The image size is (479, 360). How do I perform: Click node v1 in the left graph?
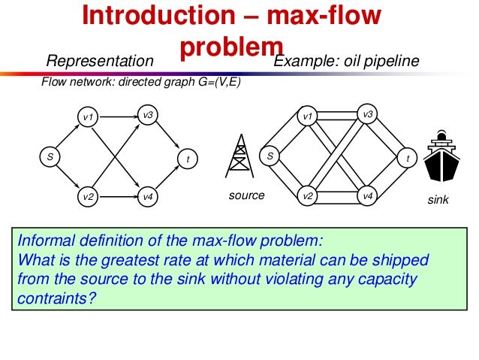pyautogui.click(x=88, y=117)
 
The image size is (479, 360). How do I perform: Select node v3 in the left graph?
pyautogui.click(x=148, y=115)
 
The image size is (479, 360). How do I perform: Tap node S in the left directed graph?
pyautogui.click(x=50, y=158)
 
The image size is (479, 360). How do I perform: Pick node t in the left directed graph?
pyautogui.click(x=188, y=159)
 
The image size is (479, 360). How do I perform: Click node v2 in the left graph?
pyautogui.click(x=88, y=197)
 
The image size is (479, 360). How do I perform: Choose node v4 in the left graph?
pyautogui.click(x=148, y=197)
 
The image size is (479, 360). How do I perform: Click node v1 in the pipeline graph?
pyautogui.click(x=307, y=117)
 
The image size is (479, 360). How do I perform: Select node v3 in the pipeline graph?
pyautogui.click(x=367, y=114)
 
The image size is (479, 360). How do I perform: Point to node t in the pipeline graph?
pyautogui.click(x=407, y=159)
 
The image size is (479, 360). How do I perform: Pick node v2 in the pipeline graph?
pyautogui.click(x=307, y=196)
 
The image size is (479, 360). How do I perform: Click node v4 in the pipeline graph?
pyautogui.click(x=367, y=195)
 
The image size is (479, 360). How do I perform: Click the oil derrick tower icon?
pyautogui.click(x=240, y=157)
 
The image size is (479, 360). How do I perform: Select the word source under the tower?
pyautogui.click(x=247, y=195)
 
